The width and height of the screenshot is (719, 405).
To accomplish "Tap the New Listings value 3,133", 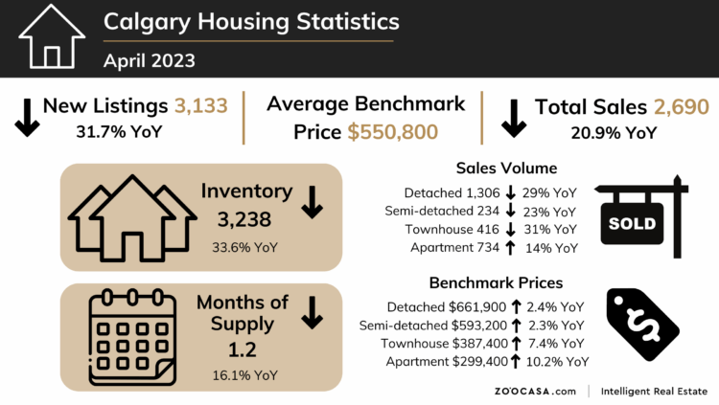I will tap(201, 105).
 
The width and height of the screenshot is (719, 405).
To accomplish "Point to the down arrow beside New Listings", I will tap(26, 116).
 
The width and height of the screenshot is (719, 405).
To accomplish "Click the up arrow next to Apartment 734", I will tap(508, 248).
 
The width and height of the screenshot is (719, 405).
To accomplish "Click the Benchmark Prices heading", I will tap(496, 282).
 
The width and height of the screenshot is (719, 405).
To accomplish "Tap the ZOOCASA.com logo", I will tap(537, 391).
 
